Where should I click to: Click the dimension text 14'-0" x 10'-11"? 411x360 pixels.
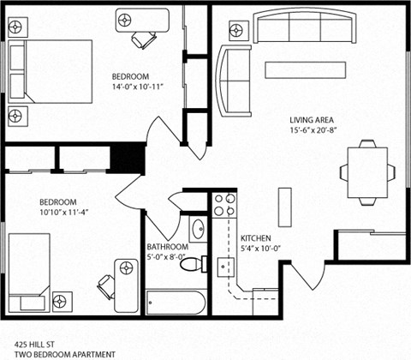click(137, 86)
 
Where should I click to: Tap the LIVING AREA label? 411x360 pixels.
click(311, 119)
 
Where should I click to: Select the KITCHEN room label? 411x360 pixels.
click(257, 238)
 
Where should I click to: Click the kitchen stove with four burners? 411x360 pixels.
click(224, 205)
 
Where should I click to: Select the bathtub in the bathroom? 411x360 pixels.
click(176, 301)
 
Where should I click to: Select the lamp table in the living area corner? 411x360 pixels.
click(235, 28)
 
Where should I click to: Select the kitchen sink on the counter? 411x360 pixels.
click(226, 265)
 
